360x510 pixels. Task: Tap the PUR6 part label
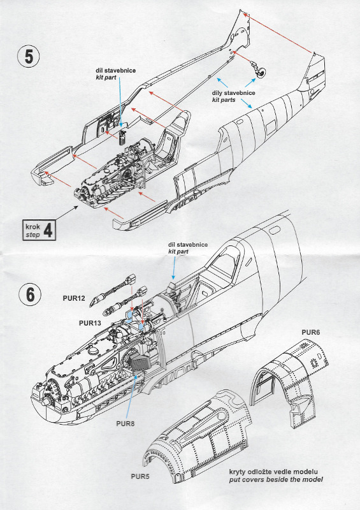(x=312, y=333)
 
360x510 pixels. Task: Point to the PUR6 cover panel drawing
(x=290, y=376)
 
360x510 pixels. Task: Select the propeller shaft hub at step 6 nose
(x=44, y=402)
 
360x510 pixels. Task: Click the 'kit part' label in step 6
(x=180, y=252)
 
